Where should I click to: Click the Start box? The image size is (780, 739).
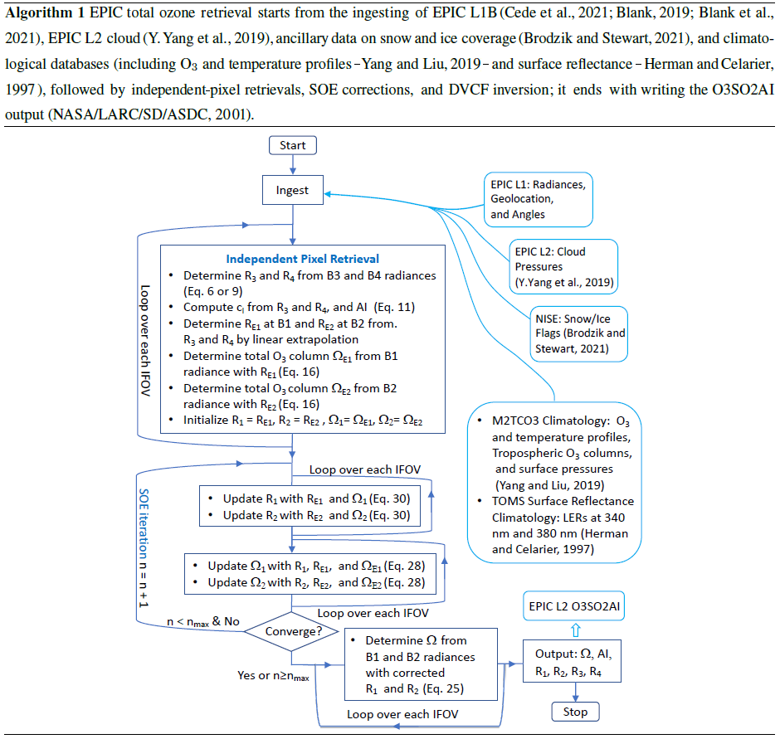(292, 145)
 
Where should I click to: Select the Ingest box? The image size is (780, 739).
(292, 191)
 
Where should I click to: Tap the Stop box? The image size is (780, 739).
(574, 711)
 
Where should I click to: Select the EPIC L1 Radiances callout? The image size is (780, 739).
(537, 199)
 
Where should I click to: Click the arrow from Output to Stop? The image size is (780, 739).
(574, 690)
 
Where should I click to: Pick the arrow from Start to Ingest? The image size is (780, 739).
(292, 165)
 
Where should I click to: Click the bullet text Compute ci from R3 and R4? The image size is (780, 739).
(299, 306)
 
